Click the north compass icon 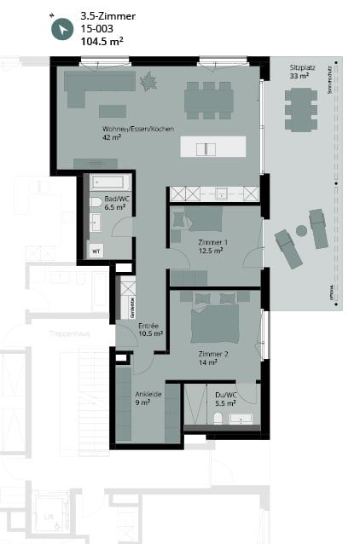click(62, 29)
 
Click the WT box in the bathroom click(96, 252)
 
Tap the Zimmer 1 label click(211, 246)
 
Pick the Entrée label click(150, 330)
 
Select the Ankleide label click(143, 397)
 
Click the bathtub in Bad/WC click(110, 182)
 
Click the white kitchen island click(206, 148)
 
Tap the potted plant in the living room click(148, 83)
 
